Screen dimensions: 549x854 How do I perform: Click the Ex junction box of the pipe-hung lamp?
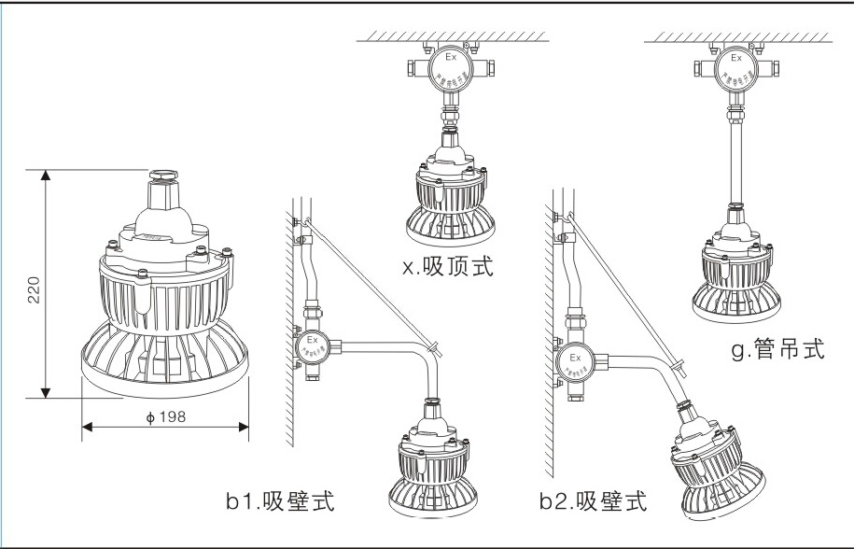pyautogui.click(x=735, y=69)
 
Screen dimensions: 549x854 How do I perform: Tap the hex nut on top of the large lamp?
pyautogui.click(x=163, y=174)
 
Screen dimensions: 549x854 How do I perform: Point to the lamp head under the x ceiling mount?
pyautogui.click(x=451, y=191)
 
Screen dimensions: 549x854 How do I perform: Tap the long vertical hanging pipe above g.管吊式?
pyautogui.click(x=735, y=158)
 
